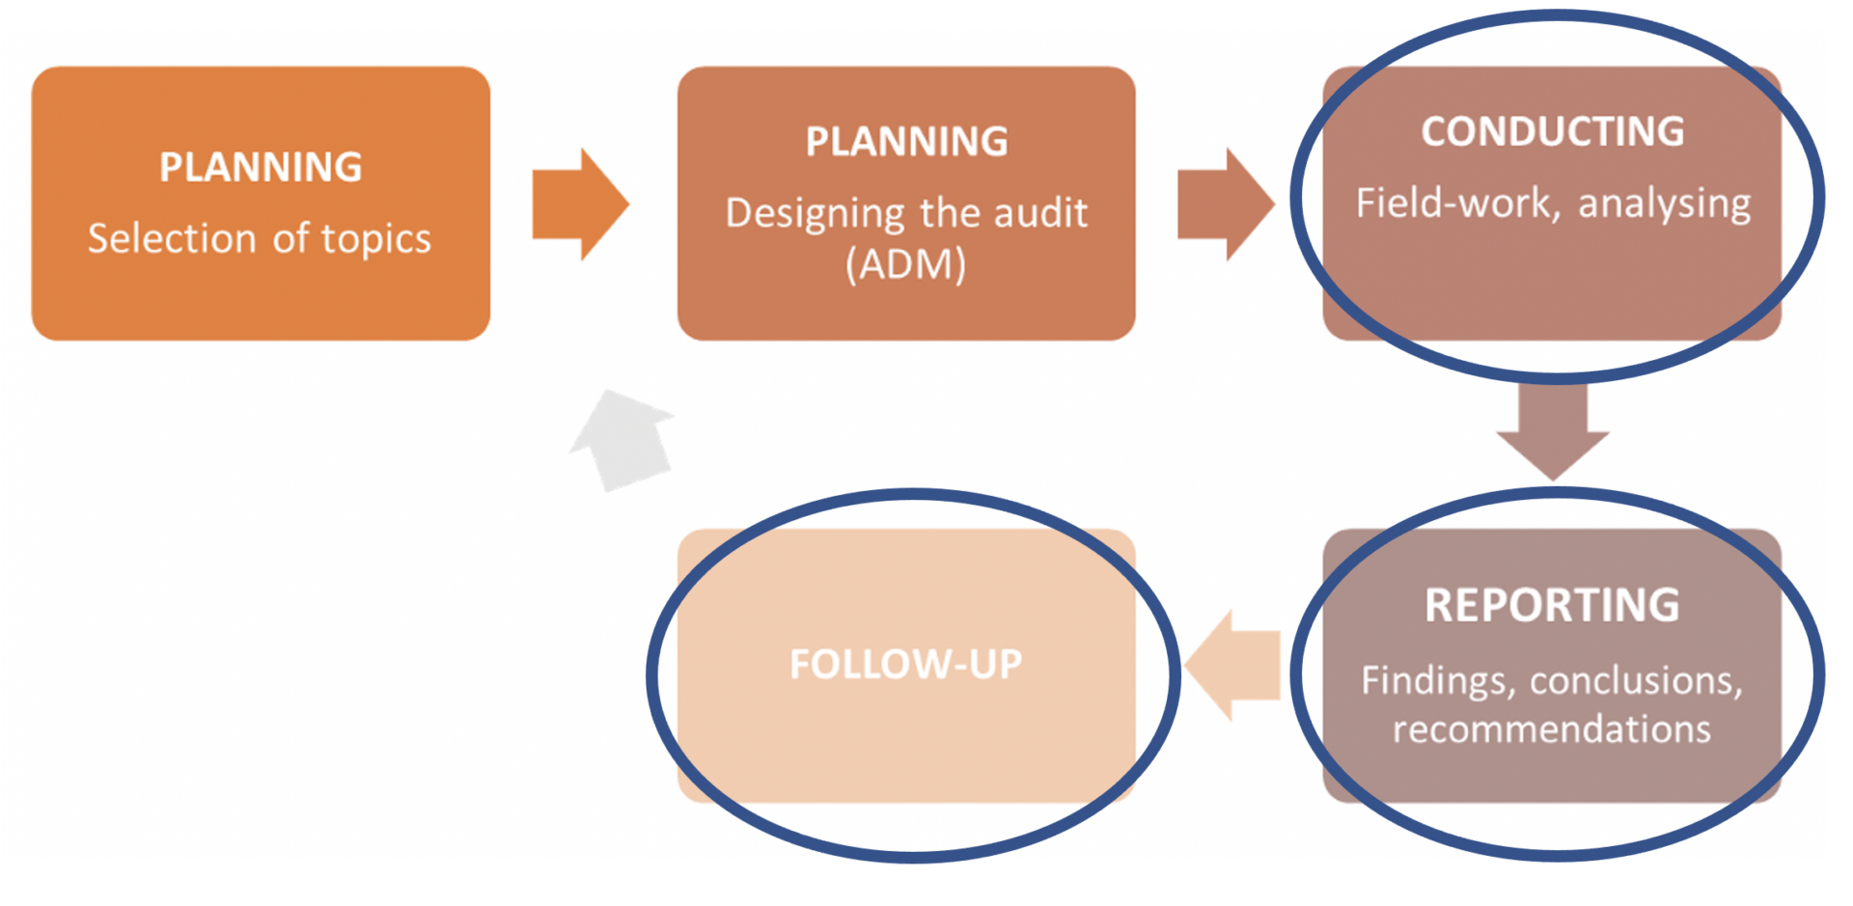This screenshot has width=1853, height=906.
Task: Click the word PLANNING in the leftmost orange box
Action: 261,168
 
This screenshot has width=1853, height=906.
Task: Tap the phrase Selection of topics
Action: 259,238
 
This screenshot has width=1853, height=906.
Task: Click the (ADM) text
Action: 905,263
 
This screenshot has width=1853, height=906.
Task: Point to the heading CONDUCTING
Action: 1552,132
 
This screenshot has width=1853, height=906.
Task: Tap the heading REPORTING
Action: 1552,606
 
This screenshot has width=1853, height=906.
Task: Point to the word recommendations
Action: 1552,728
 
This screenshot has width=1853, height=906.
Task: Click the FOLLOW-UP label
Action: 905,664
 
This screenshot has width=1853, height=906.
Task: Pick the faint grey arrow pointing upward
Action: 623,439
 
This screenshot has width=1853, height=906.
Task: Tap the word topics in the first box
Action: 375,238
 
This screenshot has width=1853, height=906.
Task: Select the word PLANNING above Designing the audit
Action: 906,142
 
